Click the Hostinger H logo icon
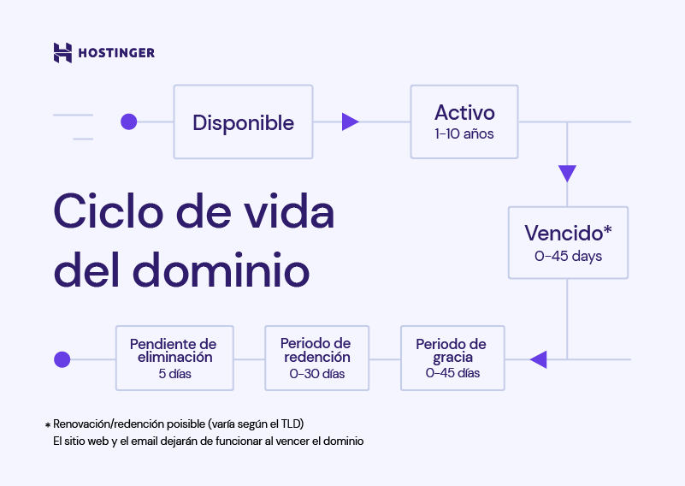(x=62, y=52)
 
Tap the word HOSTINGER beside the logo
(x=116, y=53)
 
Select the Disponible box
(x=243, y=122)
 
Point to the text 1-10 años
(x=464, y=134)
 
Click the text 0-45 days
(x=568, y=257)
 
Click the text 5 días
(x=174, y=374)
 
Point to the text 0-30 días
(x=316, y=374)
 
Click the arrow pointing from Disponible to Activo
(x=350, y=122)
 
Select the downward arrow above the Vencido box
(x=567, y=174)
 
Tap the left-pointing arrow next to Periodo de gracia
(x=538, y=359)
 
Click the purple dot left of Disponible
(x=128, y=121)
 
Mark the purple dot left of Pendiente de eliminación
(x=62, y=359)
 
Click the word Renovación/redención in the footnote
(x=106, y=424)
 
